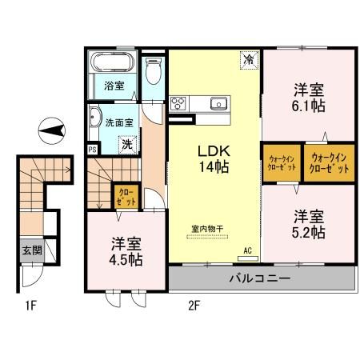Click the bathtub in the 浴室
pyautogui.click(x=112, y=62)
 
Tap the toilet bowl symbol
pyautogui.click(x=154, y=71)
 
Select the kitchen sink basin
pyautogui.click(x=218, y=103)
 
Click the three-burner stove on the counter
pyautogui.click(x=178, y=103)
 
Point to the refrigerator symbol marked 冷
pyautogui.click(x=250, y=60)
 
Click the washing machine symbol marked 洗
pyautogui.click(x=127, y=145)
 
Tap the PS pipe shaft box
pyautogui.click(x=92, y=150)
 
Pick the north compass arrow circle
pyautogui.click(x=52, y=131)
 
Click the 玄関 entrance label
pyautogui.click(x=32, y=250)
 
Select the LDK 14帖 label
pyautogui.click(x=214, y=159)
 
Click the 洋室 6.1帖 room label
pyautogui.click(x=309, y=98)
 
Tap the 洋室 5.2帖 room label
pyautogui.click(x=309, y=224)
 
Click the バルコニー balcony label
pyautogui.click(x=260, y=278)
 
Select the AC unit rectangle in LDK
pyautogui.click(x=248, y=258)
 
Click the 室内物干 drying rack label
pyautogui.click(x=207, y=229)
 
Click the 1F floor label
pyautogui.click(x=31, y=306)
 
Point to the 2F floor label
pyautogui.click(x=194, y=306)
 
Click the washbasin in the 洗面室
pyautogui.click(x=94, y=118)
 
